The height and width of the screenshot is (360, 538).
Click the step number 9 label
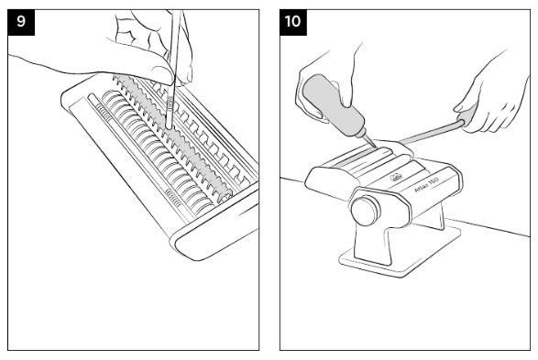coord(21,22)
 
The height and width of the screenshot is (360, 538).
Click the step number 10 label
coord(293,22)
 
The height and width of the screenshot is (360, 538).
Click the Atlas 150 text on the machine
coord(427,185)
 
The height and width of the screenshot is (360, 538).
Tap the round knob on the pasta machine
coord(366,211)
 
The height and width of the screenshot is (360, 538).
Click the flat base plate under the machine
coord(401,251)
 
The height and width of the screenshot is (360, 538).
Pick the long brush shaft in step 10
coord(429,132)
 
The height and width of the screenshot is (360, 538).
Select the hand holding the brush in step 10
coord(490,100)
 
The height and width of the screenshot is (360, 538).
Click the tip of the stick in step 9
coord(169,127)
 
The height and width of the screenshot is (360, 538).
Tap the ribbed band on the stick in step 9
coord(170,103)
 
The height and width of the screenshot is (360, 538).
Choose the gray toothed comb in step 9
coord(172,136)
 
